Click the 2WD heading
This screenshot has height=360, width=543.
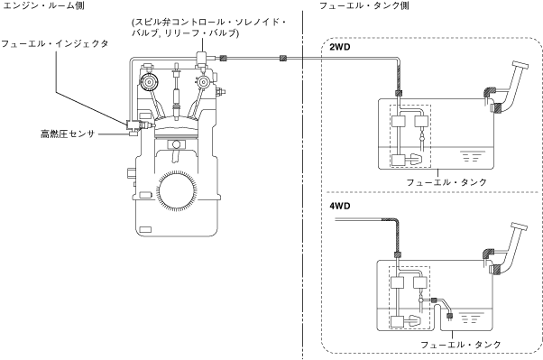tap(339, 47)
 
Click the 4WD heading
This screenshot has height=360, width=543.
tap(339, 206)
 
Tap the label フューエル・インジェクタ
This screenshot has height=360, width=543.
tap(55, 43)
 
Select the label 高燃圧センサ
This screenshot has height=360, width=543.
tap(68, 134)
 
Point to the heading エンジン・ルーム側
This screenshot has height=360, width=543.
tap(43, 5)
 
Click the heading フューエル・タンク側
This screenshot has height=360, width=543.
tap(364, 5)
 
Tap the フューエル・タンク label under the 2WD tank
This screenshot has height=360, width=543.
tap(446, 182)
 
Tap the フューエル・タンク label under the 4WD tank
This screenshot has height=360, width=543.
tap(461, 345)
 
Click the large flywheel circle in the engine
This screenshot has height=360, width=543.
tap(177, 190)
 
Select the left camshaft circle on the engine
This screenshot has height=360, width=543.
tap(149, 82)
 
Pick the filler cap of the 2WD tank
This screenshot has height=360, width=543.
tap(520, 65)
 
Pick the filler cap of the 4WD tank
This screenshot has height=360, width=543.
tap(519, 226)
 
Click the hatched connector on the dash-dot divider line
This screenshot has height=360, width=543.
tap(283, 59)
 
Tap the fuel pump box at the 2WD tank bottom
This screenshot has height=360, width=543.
tap(399, 160)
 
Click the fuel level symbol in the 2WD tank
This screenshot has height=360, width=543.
tap(471, 156)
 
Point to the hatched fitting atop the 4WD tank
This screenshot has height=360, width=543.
tap(398, 255)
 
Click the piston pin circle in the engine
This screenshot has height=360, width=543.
tap(177, 143)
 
